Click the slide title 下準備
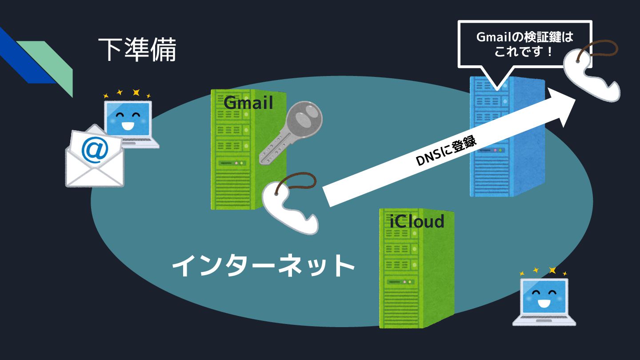click(x=137, y=49)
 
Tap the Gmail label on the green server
click(x=248, y=103)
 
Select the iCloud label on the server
click(x=417, y=221)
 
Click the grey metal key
click(x=289, y=133)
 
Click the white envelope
click(x=94, y=164)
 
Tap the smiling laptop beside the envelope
click(x=131, y=122)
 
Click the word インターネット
click(x=263, y=266)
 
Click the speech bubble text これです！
click(x=524, y=52)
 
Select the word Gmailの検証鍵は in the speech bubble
click(x=524, y=37)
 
